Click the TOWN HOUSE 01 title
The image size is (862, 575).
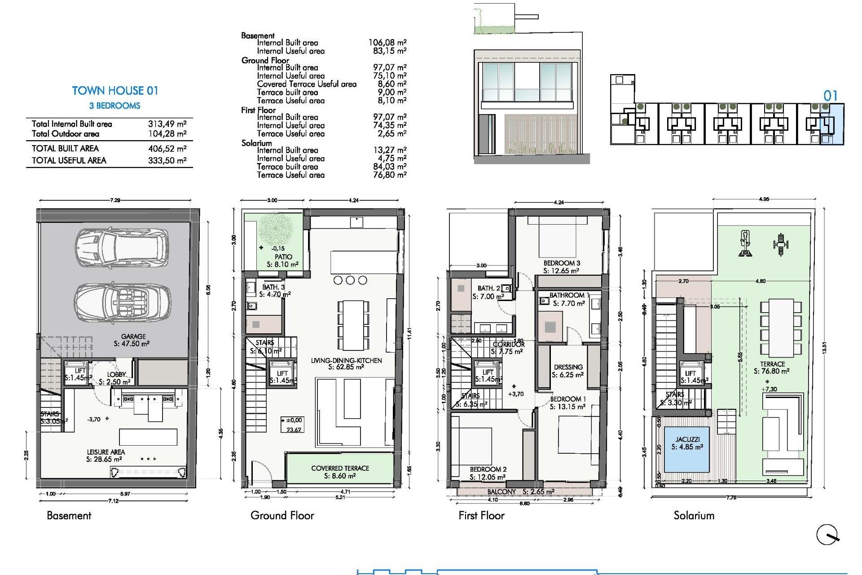(115, 91)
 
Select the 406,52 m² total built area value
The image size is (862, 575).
(167, 149)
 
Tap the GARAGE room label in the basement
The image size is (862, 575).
(133, 336)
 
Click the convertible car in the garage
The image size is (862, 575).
(122, 301)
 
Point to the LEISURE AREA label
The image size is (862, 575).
(106, 452)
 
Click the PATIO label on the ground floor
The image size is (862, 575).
(283, 257)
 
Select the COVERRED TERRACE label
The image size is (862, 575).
(340, 468)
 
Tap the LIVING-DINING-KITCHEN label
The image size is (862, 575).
(346, 360)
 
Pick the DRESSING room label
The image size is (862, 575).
(568, 367)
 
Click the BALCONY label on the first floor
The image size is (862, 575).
(501, 492)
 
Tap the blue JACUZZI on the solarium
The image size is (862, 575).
(687, 449)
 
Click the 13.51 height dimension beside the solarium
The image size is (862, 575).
(824, 348)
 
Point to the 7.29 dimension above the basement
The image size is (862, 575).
(115, 200)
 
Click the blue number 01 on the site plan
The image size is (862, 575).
(830, 96)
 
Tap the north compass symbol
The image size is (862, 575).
(827, 535)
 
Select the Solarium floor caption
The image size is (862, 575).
(694, 515)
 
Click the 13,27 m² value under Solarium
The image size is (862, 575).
(390, 150)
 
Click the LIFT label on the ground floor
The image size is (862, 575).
(282, 373)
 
